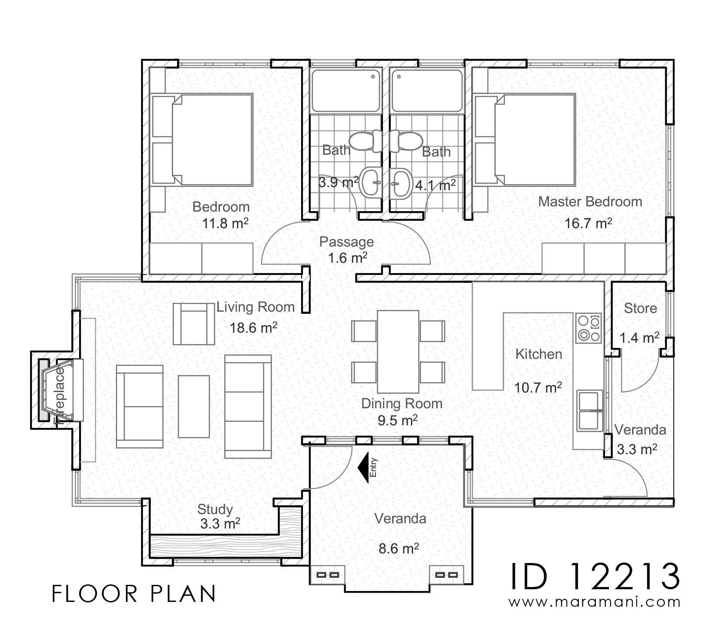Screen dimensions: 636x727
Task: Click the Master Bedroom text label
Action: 590,202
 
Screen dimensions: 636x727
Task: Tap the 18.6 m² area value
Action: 254,327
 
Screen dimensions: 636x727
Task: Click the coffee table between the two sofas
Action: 194,406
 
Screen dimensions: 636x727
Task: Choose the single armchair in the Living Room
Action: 194,324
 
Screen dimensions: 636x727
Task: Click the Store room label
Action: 640,309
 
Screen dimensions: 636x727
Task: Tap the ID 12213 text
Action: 595,576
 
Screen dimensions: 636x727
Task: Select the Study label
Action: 215,509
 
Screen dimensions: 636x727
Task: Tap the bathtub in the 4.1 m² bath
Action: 426,91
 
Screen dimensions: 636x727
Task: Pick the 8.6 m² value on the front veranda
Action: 399,549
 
